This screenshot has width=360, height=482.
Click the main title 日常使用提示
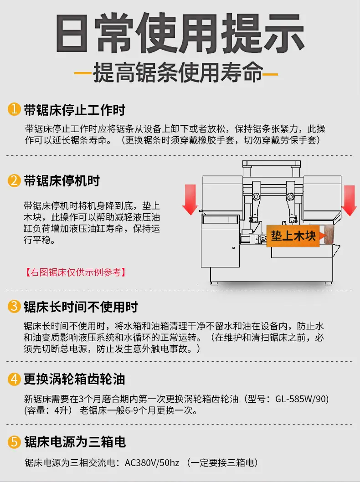[180, 33]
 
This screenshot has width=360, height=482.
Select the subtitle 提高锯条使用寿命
[178, 73]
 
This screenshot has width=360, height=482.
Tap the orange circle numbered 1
[14, 109]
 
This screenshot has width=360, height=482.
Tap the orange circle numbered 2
[14, 180]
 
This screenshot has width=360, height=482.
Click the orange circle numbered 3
[14, 306]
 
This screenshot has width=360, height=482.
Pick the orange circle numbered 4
[14, 379]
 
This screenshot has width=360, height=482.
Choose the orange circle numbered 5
[14, 442]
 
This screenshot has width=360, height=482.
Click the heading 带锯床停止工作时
[75, 110]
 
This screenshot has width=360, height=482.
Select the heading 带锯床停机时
[62, 181]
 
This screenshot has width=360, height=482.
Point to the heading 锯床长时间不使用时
[81, 307]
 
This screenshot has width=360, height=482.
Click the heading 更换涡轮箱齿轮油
[75, 379]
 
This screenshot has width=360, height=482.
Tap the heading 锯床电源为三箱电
[75, 442]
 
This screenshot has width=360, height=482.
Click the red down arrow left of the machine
[190, 200]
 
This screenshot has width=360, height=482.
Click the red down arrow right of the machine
[349, 200]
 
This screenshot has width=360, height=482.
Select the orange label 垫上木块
[293, 236]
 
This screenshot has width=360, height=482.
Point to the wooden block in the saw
[329, 235]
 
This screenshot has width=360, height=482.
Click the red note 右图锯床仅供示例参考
[76, 272]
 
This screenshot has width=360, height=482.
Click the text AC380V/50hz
[152, 462]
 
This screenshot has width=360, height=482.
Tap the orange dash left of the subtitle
[83, 74]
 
